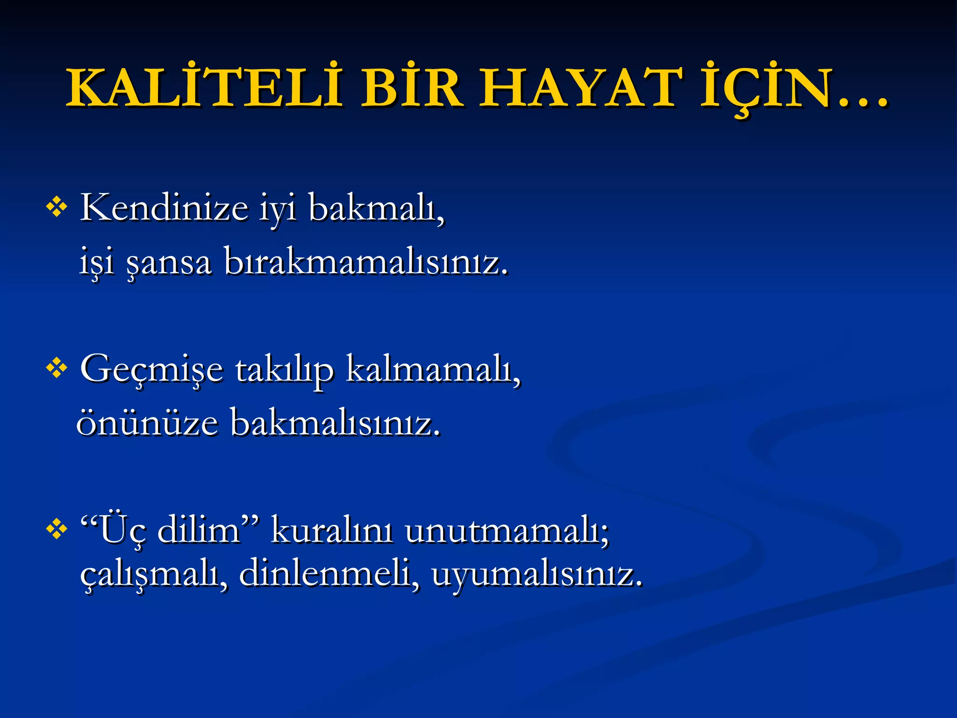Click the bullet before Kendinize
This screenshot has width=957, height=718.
pos(57,207)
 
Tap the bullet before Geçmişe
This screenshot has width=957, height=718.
pos(57,368)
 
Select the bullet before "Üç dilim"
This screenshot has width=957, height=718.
pos(57,530)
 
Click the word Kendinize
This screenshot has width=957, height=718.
pos(164,208)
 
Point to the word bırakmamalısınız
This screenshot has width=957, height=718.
pos(366,262)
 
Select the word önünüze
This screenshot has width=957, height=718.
pos(147,423)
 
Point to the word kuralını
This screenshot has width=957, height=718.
pos(332,531)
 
